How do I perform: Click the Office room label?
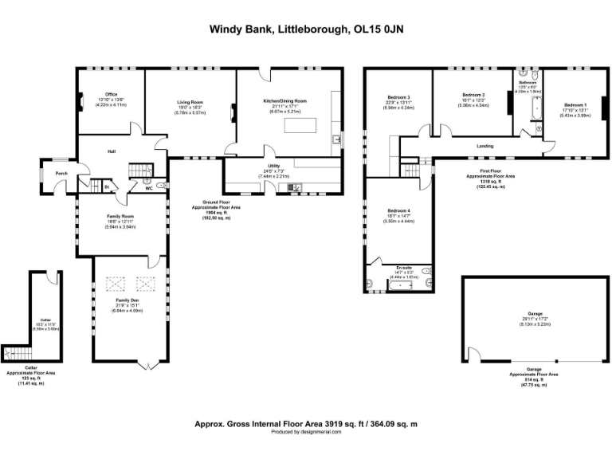pyautogui.click(x=111, y=94)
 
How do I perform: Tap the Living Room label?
pyautogui.click(x=190, y=102)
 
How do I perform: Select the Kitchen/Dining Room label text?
pyautogui.click(x=284, y=101)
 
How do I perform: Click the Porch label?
pyautogui.click(x=61, y=174)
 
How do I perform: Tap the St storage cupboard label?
pyautogui.click(x=106, y=188)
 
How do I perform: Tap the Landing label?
pyautogui.click(x=484, y=146)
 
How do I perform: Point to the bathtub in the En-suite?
pyautogui.click(x=396, y=284)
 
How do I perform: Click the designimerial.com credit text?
pyautogui.click(x=306, y=431)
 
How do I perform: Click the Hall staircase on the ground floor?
pyautogui.click(x=141, y=170)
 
